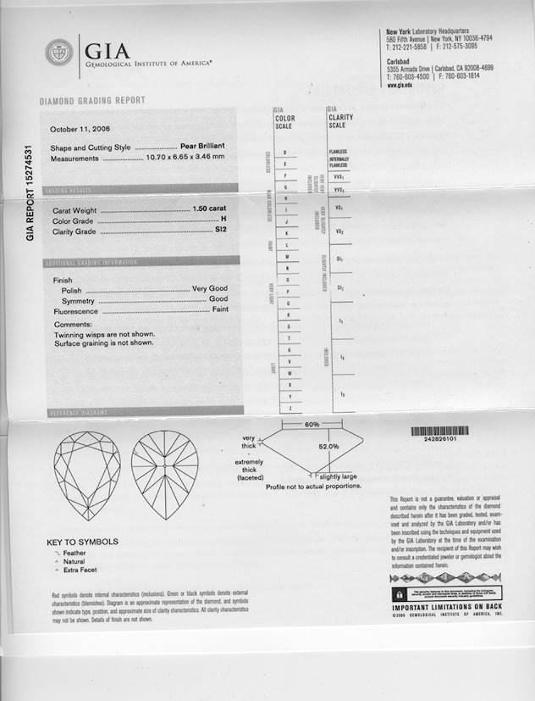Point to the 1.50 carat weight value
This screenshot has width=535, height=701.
point(210,209)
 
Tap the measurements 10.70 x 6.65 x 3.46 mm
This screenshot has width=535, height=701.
point(185,157)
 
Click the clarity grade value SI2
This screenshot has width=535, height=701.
point(223,231)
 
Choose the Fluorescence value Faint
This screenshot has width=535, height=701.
point(219,311)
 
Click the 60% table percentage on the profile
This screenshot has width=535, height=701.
point(312,424)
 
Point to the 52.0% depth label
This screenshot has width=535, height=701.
point(328,446)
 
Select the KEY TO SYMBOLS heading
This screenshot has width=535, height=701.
point(82,542)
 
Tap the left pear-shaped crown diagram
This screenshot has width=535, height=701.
point(85,474)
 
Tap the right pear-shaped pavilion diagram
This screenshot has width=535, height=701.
point(164,474)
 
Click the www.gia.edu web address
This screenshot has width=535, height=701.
point(400,86)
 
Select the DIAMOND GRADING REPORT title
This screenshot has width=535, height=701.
point(92,101)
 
